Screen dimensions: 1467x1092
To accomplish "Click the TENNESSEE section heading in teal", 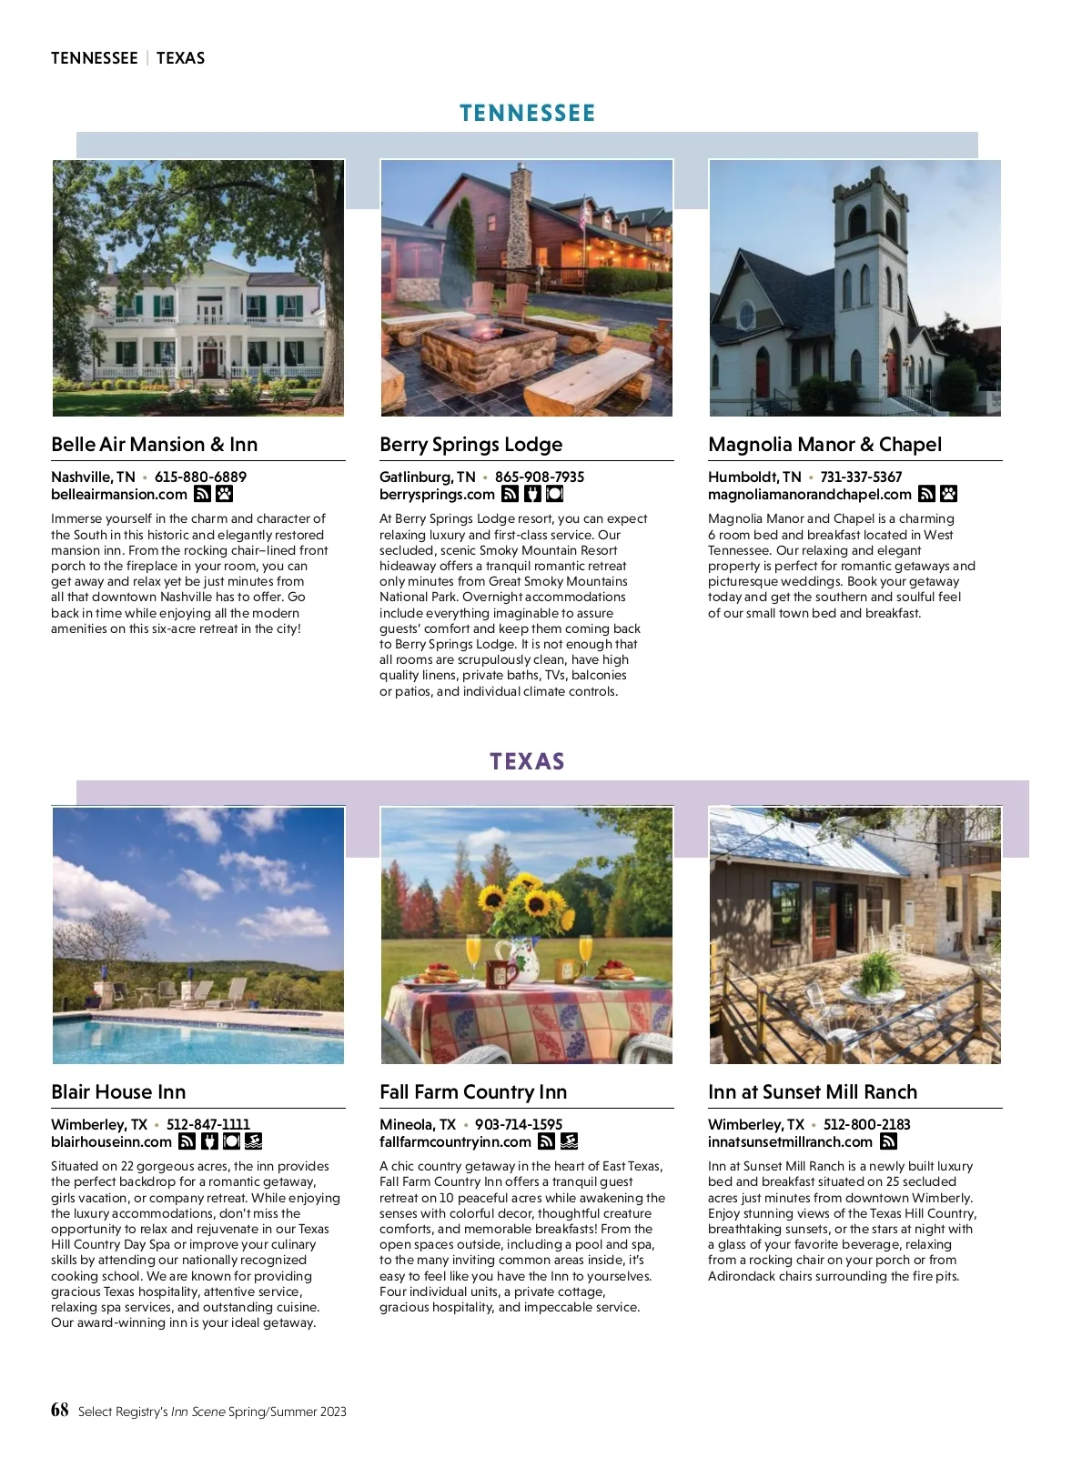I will click(527, 114).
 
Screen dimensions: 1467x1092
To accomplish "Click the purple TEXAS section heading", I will click(527, 761).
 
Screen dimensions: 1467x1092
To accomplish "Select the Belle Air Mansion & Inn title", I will click(155, 445).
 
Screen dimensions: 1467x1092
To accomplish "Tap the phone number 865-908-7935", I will click(540, 477).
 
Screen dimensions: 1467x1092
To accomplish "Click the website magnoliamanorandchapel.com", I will click(809, 495).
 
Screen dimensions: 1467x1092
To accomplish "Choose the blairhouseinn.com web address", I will click(111, 1142).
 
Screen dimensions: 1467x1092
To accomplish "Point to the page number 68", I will click(60, 1410).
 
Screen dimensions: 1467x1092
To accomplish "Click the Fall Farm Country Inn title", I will click(473, 1092).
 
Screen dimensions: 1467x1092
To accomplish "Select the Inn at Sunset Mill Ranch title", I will click(813, 1092).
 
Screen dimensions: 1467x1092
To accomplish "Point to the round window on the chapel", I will click(746, 316).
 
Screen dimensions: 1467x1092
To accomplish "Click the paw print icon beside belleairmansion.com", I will click(224, 495).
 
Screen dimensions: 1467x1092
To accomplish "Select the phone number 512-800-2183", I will click(866, 1125).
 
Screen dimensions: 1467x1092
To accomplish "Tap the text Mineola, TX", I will click(418, 1125).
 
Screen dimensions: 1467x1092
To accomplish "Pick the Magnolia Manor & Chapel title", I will click(824, 445).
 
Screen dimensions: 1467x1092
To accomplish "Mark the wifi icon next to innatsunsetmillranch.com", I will click(889, 1142).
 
